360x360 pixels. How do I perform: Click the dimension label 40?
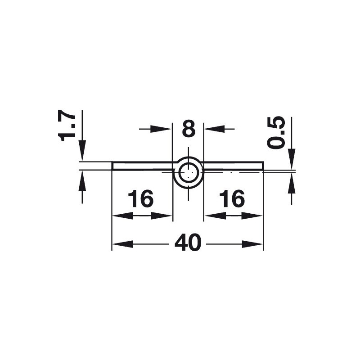188,242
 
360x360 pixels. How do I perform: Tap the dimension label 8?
189,129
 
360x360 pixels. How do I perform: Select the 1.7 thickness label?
67,125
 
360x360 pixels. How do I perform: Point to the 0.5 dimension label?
276,133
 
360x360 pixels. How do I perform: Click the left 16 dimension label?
140,198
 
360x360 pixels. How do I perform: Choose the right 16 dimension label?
232,198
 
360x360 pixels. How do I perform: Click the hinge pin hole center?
188,172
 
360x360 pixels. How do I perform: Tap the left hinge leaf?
142,166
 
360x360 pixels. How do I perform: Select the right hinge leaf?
233,166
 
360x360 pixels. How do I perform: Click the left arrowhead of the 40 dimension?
122,244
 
